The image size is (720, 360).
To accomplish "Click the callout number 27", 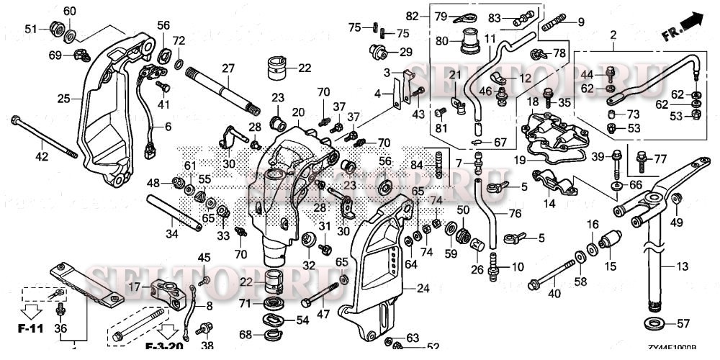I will [228, 68].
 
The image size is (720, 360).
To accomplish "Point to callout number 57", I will [684, 323].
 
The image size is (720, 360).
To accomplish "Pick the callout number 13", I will [683, 266].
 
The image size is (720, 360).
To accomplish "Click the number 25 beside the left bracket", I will [64, 98].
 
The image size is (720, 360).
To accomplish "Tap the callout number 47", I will [323, 314].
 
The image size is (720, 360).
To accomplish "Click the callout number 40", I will [554, 292].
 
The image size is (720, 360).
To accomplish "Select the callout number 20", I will [298, 112].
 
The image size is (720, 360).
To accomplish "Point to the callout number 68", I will [246, 335].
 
